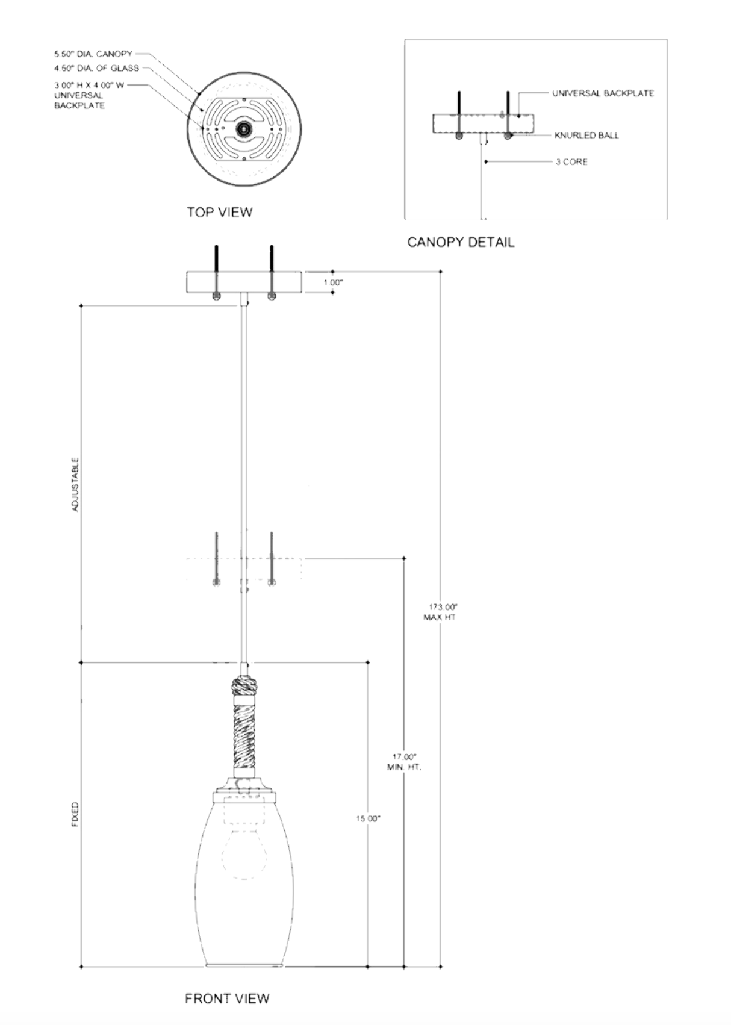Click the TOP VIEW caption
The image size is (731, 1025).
219,212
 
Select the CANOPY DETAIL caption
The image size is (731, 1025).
461,242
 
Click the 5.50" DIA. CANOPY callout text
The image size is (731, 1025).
93,54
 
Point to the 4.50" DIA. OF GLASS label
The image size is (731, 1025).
96,68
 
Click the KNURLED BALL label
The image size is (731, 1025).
586,136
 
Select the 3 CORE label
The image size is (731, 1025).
571,161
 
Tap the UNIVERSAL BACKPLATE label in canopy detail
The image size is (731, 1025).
603,93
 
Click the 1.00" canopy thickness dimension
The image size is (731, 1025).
333,282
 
